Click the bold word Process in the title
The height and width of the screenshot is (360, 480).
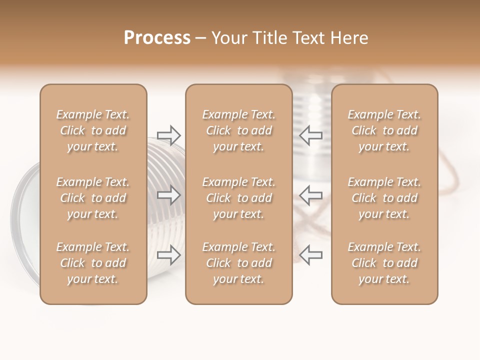pos(157,38)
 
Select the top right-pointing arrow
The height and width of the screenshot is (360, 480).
pos(168,135)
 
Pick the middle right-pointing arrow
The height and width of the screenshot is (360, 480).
pos(168,195)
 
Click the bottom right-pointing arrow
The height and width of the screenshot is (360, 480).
pos(168,255)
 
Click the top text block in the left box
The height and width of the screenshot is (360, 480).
pos(93,130)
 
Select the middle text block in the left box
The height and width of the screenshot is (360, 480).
pos(93,198)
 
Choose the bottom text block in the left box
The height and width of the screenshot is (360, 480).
pos(93,263)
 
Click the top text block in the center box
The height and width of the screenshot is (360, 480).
pos(238,130)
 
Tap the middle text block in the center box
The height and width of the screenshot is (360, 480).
pos(238,198)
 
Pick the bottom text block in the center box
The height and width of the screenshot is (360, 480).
pos(238,263)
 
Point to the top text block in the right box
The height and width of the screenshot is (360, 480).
pos(384,130)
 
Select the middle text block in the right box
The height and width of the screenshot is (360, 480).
pos(384,198)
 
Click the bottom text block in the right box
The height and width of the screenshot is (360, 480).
pos(384,263)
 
